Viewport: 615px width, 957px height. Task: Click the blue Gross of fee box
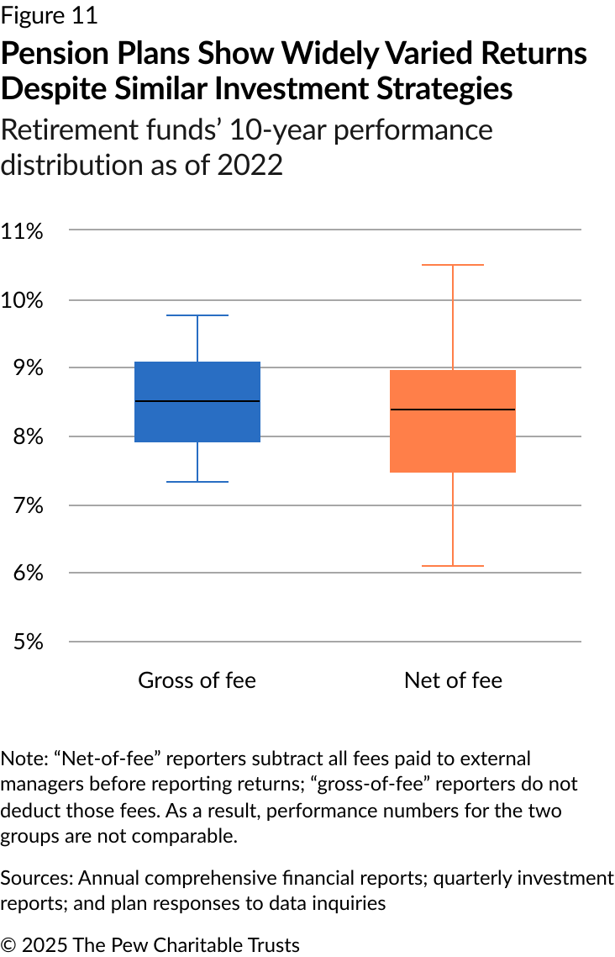197,420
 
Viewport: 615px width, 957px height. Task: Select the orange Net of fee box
453,437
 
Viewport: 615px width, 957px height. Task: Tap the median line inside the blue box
197,401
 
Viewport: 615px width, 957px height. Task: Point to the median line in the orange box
453,410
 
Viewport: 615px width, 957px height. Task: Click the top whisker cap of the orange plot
453,265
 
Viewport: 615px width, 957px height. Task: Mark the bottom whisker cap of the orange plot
453,566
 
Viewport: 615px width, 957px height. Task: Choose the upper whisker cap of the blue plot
197,315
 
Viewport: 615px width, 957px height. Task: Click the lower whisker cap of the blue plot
197,482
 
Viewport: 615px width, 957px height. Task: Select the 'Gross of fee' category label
197,680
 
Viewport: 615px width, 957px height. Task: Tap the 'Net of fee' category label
453,680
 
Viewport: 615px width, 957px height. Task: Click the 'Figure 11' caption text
49,15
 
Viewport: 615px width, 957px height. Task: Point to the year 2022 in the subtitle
250,165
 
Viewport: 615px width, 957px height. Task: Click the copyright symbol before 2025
8,945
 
